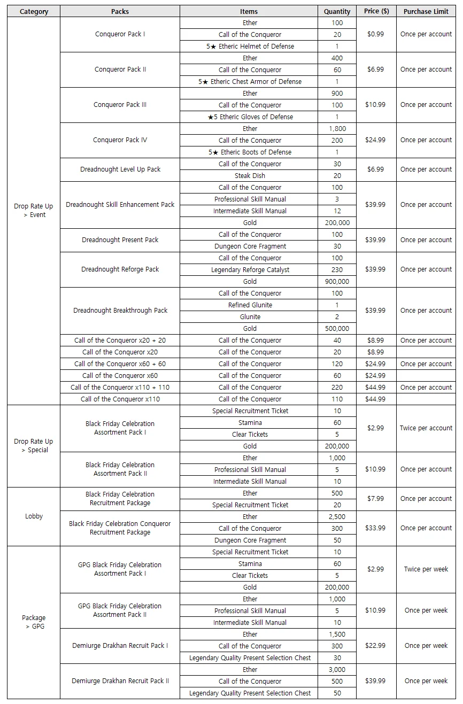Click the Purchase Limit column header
point(426,11)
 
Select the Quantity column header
point(337,11)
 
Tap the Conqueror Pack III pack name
point(120,105)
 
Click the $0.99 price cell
point(375,34)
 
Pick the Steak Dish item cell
point(250,176)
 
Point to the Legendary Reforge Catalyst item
point(250,270)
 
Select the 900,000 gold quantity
point(337,282)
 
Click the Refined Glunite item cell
point(250,305)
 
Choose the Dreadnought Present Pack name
point(120,240)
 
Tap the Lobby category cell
point(34,516)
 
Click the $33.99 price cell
point(375,528)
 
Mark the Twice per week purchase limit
point(426,569)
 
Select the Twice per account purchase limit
point(426,428)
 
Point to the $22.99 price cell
point(375,646)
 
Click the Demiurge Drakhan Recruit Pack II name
point(120,681)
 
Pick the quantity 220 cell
point(337,388)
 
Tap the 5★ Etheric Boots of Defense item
point(250,152)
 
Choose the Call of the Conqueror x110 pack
point(120,399)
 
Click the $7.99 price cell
point(375,499)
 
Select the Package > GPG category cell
point(34,622)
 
